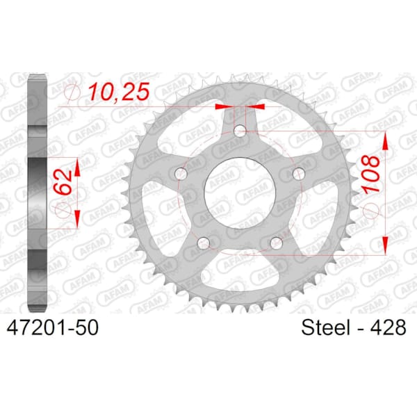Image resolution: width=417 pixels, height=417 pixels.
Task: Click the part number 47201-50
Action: (x=52, y=327)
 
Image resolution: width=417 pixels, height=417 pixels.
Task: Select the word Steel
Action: (x=325, y=327)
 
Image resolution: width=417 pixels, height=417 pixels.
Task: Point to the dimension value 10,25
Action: (x=119, y=92)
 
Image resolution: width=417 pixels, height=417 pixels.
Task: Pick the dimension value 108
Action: (x=371, y=173)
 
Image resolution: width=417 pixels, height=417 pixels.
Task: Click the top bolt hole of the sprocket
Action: (x=240, y=131)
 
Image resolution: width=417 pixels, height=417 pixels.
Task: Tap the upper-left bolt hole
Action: (x=181, y=174)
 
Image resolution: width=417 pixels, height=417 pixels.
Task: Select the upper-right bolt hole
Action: (x=299, y=174)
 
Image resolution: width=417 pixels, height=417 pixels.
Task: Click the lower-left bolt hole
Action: (x=204, y=243)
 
